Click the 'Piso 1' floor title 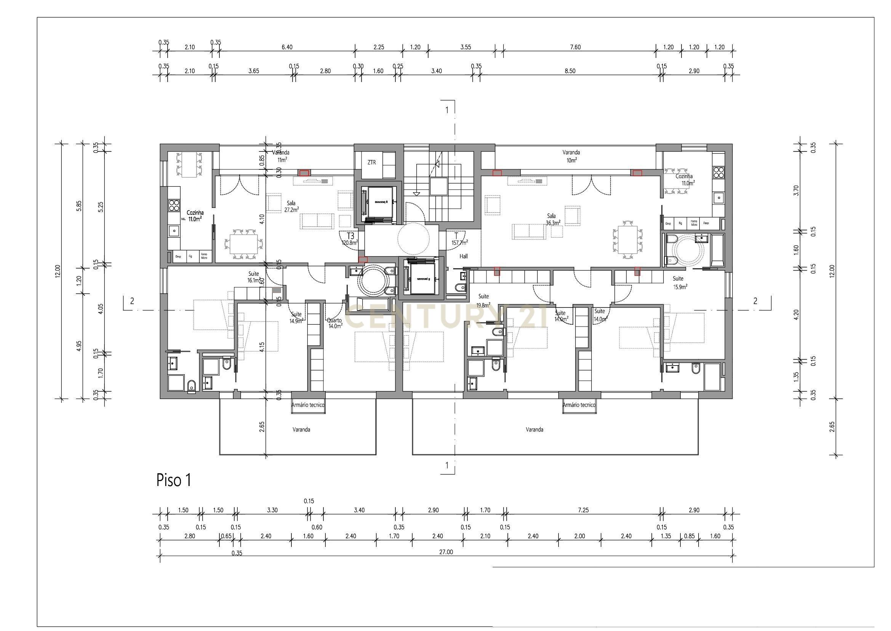point(173,480)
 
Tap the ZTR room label point(371,163)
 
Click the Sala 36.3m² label point(553,219)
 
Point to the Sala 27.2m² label point(292,206)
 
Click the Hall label point(464,256)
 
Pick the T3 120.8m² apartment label point(350,239)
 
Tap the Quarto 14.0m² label point(334,323)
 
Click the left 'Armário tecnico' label point(308,405)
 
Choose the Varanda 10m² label point(571,156)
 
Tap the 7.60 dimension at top point(575,47)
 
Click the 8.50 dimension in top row point(570,71)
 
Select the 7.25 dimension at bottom point(583,510)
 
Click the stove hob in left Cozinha point(174,205)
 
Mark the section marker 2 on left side point(132,301)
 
